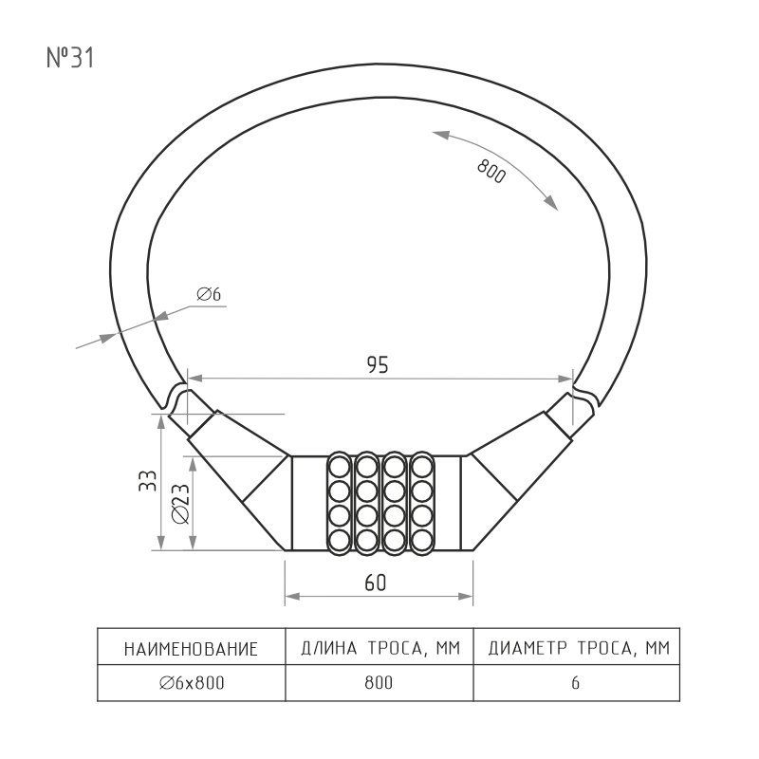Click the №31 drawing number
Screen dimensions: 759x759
click(x=70, y=58)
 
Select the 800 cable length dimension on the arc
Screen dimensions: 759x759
click(x=491, y=171)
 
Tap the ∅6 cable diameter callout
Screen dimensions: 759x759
click(x=209, y=294)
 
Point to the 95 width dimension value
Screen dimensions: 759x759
click(x=378, y=365)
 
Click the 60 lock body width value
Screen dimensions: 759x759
click(x=376, y=583)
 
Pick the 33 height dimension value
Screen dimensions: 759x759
click(x=148, y=481)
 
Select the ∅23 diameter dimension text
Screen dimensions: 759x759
click(x=181, y=504)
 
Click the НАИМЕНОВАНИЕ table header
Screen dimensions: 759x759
click(x=192, y=649)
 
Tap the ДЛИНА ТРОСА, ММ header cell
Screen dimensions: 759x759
click(x=380, y=648)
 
